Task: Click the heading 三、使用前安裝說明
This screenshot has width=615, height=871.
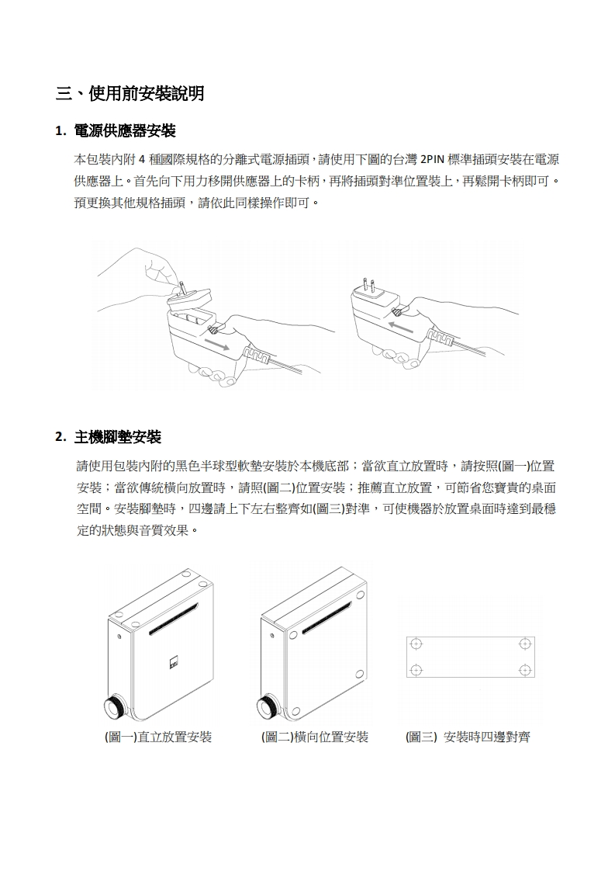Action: coord(130,93)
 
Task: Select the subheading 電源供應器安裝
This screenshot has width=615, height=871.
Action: coord(124,131)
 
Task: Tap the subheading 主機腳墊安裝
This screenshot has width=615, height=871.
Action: coord(118,437)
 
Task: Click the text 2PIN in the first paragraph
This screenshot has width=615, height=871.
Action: coord(430,160)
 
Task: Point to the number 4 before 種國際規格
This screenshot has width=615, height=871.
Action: coord(142,160)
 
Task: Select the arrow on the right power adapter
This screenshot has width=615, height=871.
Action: coord(401,327)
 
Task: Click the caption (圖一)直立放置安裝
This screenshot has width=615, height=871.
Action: coord(158,737)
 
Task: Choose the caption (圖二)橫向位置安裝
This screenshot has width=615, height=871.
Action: coord(315,737)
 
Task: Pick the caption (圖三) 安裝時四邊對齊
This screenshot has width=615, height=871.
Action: coord(468,737)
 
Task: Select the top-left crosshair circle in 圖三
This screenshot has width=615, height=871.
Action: coord(416,644)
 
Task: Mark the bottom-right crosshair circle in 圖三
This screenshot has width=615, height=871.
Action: coord(524,669)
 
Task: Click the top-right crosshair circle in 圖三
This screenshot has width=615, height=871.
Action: coord(524,644)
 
